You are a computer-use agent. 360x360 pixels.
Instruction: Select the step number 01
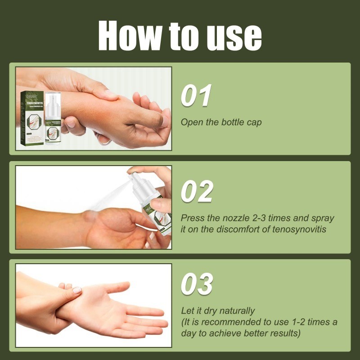pos(196,96)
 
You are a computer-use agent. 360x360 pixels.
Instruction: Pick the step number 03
pos(197,284)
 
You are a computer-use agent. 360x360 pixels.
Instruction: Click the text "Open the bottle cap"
pos(221,122)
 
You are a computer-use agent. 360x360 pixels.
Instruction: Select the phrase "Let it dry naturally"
pos(218,311)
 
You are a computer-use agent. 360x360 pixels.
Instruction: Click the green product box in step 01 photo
pos(32,119)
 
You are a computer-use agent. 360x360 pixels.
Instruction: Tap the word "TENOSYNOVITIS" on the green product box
pos(32,102)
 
